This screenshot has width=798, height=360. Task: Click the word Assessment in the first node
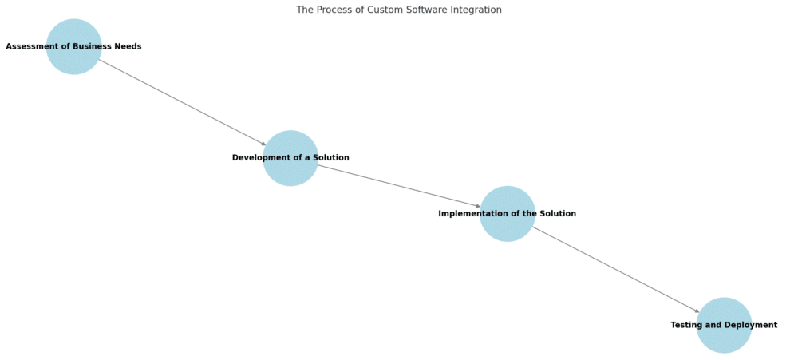[x=30, y=46]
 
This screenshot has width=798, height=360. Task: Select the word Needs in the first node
[x=128, y=46]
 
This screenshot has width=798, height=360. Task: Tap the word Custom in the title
[x=380, y=10]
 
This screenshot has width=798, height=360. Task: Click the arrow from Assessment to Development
[x=182, y=102]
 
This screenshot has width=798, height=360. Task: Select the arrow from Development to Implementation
[x=399, y=186]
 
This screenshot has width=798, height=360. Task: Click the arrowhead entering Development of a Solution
[x=263, y=144]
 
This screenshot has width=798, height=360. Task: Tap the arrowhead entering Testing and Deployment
[x=697, y=311]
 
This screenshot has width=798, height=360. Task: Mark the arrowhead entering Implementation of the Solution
[x=478, y=207]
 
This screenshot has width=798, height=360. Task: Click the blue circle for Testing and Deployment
[x=724, y=339]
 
